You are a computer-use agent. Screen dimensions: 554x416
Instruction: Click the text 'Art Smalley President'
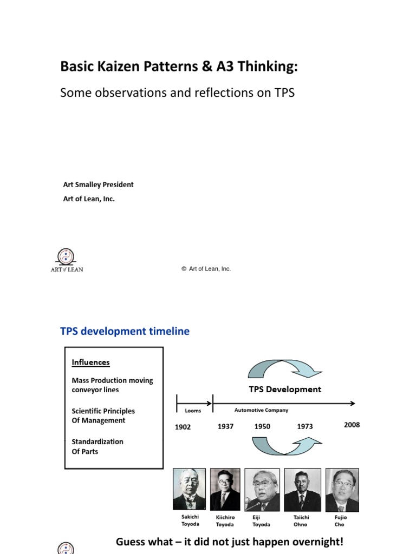pos(98,184)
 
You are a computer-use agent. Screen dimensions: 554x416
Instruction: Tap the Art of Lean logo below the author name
pos(67,260)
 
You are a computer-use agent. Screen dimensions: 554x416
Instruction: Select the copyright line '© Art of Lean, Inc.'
pos(206,269)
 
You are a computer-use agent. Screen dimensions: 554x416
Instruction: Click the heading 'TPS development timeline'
pos(125,331)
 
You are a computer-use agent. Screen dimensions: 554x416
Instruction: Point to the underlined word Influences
pos(90,362)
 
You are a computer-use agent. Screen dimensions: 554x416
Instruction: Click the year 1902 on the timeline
pos(183,427)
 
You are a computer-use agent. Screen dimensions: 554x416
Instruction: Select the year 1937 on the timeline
pos(225,426)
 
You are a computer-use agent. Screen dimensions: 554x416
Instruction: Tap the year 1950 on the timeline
pos(262,426)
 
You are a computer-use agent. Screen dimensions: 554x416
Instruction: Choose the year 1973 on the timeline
pos(305,426)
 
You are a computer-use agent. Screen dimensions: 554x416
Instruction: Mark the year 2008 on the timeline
pos(352,425)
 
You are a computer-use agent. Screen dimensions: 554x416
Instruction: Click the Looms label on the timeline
pos(193,411)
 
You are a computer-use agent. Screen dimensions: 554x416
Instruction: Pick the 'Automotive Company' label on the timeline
pos(261,410)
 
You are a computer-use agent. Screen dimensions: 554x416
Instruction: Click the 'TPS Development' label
pos(284,389)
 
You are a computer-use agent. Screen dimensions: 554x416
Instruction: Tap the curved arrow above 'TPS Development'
pos(284,369)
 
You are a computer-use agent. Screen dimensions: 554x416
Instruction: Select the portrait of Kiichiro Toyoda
pos(225,489)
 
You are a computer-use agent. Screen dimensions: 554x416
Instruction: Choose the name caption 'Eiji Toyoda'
pos(262,520)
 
